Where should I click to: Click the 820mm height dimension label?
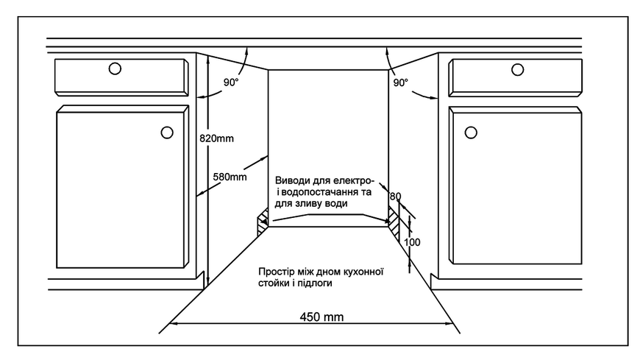coord(216,138)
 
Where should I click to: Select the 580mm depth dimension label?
coord(230,177)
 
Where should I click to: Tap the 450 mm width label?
coord(321,317)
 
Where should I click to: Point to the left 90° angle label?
coord(230,82)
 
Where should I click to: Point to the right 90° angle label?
coord(400,82)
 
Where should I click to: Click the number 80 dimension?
coord(395,197)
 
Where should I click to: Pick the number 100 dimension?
coord(412,242)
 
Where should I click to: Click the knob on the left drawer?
coord(115,68)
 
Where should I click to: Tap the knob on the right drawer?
coord(518,70)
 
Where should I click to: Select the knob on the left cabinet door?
coord(167,133)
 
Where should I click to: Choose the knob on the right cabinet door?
coord(471,133)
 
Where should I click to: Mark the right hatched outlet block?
coord(394,224)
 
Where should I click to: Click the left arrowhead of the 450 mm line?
coord(173,324)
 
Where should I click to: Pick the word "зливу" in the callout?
coord(310,203)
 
